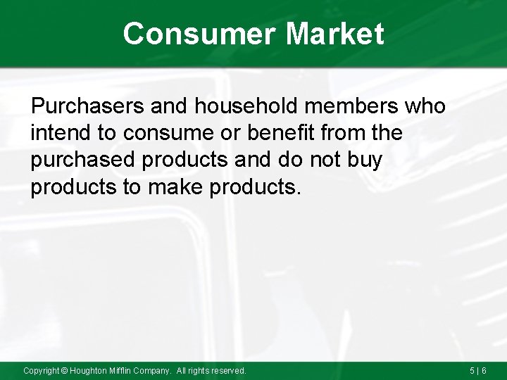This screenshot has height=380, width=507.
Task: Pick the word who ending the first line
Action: point(425,106)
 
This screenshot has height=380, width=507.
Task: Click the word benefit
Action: point(267,133)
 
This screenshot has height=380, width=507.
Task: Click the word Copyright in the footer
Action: point(42,370)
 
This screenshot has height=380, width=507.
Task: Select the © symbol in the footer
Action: point(65,370)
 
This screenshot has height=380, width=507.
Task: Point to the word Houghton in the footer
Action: point(89,370)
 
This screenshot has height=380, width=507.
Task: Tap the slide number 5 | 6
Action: point(479,370)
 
